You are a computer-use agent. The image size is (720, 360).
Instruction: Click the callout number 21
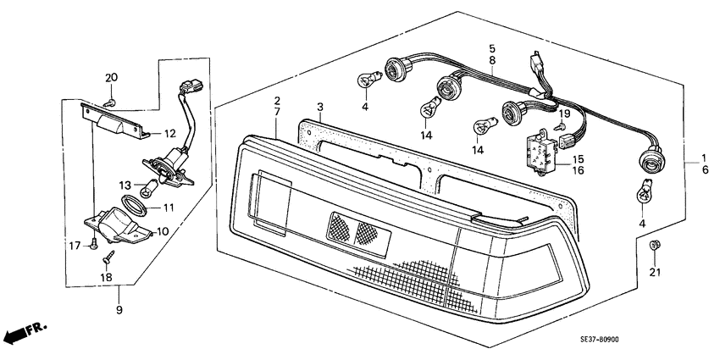[654, 272]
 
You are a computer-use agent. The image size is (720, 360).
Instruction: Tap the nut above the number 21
[654, 245]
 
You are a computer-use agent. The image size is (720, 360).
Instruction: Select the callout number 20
[111, 78]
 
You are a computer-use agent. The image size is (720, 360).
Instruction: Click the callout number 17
[75, 246]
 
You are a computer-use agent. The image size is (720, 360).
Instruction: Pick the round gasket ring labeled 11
[134, 205]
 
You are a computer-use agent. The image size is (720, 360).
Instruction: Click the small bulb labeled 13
[150, 188]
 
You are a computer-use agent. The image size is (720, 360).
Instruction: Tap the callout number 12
[170, 134]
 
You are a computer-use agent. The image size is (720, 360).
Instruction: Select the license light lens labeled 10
[118, 224]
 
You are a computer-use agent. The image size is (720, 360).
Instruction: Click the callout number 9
[119, 310]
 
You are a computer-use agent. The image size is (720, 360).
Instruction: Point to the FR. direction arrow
[25, 332]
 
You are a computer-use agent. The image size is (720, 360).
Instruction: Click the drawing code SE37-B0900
[599, 340]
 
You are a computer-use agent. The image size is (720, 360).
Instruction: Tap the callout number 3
[320, 107]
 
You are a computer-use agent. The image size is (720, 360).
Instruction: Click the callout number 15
[578, 159]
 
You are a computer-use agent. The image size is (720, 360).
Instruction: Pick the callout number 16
[578, 170]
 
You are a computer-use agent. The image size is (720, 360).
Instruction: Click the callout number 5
[492, 48]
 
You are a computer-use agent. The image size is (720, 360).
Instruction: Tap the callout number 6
[705, 169]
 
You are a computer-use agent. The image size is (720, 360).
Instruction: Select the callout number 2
[277, 101]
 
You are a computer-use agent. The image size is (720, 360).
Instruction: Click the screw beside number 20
[109, 102]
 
